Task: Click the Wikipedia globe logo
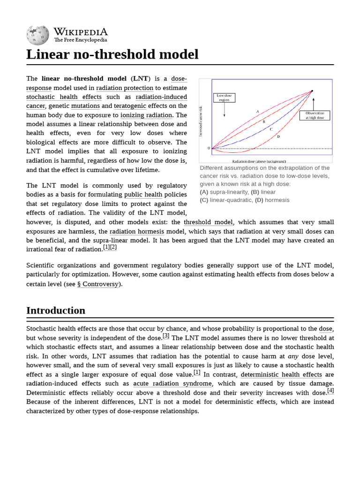[x=38, y=34]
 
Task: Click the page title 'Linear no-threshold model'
[x=112, y=54]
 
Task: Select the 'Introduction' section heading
[x=56, y=310]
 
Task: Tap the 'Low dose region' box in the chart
[x=225, y=98]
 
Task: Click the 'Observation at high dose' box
[x=315, y=115]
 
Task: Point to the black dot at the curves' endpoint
[x=312, y=91]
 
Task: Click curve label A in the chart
[x=257, y=111]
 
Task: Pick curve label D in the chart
[x=278, y=136]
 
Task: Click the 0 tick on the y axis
[x=209, y=148]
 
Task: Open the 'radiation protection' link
[x=125, y=88]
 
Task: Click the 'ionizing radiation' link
[x=146, y=115]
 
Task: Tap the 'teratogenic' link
[x=130, y=106]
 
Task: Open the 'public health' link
[x=143, y=195]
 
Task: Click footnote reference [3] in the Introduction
[x=166, y=336]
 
